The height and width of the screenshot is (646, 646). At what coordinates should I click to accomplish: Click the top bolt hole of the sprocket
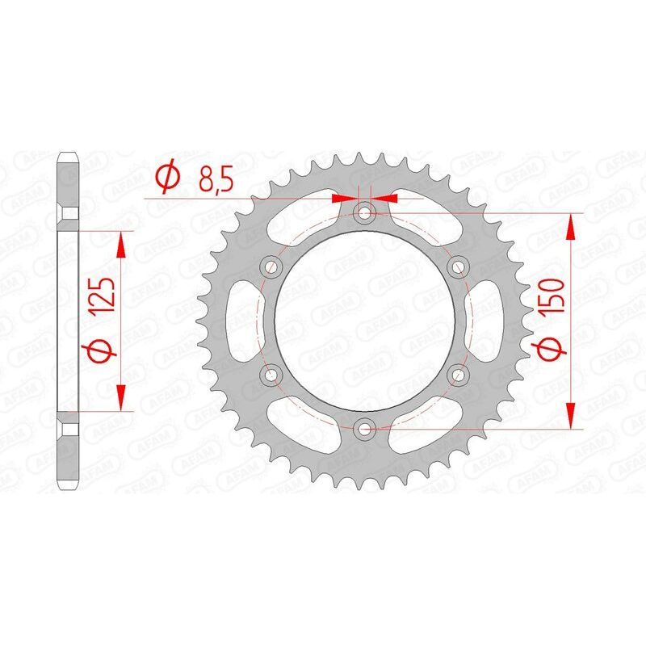coord(365,213)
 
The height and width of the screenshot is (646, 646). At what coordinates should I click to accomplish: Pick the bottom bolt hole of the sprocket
coord(365,428)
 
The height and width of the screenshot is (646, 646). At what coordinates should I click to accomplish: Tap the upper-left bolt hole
coord(271,266)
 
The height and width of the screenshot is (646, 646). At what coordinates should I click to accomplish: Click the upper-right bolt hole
coord(459,266)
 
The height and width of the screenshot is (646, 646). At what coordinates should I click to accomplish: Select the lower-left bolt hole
coord(271,374)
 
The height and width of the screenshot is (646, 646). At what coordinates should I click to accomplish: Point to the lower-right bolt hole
coord(459,374)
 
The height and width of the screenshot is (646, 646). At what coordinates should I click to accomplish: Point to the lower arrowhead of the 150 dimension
coord(572,414)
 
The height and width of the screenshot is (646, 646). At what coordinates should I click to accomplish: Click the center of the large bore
coord(365,321)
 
